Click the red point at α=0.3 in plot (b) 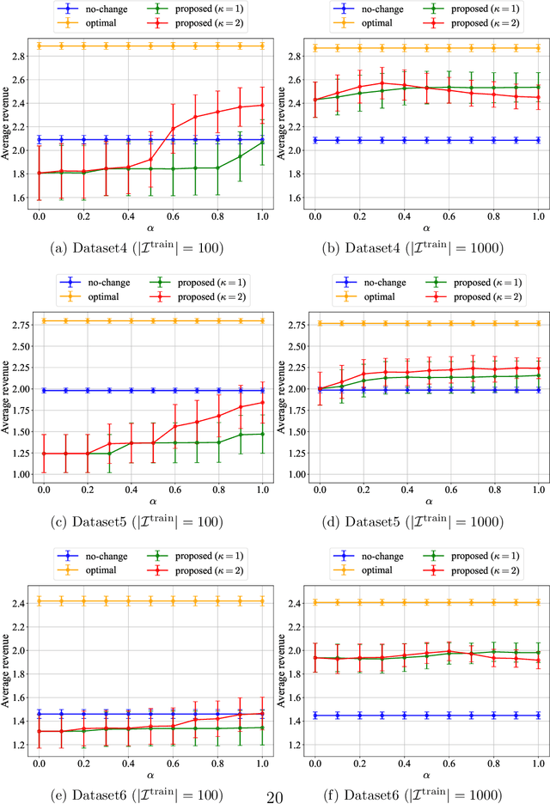(382, 83)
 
